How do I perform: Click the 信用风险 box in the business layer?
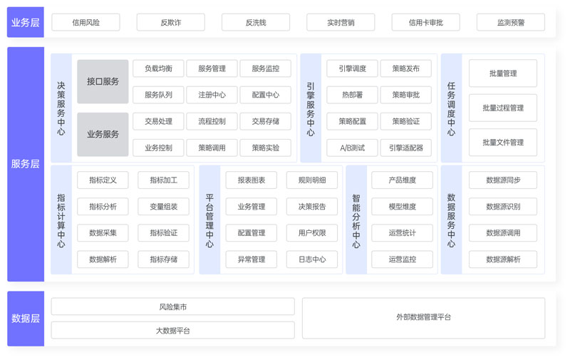coord(85,23)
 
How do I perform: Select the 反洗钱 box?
coord(255,23)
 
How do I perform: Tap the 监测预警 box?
coord(510,23)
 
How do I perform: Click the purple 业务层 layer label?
coord(26,23)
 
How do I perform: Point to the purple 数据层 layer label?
coord(26,319)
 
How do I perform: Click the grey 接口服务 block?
coord(103,81)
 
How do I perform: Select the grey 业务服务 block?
coord(103,134)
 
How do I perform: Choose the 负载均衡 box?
coord(158,68)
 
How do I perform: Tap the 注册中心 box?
coord(212,95)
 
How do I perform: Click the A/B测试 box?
coord(352,148)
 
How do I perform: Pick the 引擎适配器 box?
coord(405,148)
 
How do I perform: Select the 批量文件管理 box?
coord(502,143)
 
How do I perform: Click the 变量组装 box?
coord(163,207)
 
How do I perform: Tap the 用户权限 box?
coord(311,232)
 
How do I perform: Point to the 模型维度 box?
coord(402,207)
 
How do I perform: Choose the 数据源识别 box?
coord(502,207)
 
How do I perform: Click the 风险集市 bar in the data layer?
coord(172,307)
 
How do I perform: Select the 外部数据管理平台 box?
coord(423,317)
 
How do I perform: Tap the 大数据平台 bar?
coord(172,330)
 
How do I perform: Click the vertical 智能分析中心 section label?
coord(356,220)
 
